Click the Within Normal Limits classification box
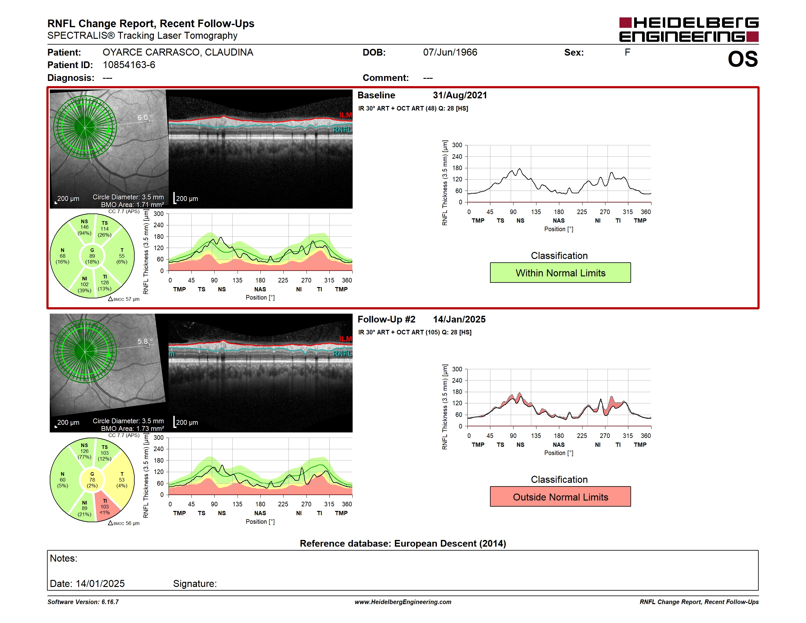point(560,273)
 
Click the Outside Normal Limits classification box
point(560,497)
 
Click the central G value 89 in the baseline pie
point(92,256)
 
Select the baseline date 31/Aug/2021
point(460,95)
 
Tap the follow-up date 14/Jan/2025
point(459,319)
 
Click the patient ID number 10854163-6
point(129,65)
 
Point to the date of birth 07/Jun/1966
point(450,53)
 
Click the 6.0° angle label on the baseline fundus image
point(145,117)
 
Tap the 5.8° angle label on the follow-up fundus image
point(145,341)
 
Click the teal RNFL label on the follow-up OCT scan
point(343,354)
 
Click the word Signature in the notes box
point(195,584)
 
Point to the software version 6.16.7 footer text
point(83,602)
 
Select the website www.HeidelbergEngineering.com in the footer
point(403,602)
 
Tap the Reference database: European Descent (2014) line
point(403,543)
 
